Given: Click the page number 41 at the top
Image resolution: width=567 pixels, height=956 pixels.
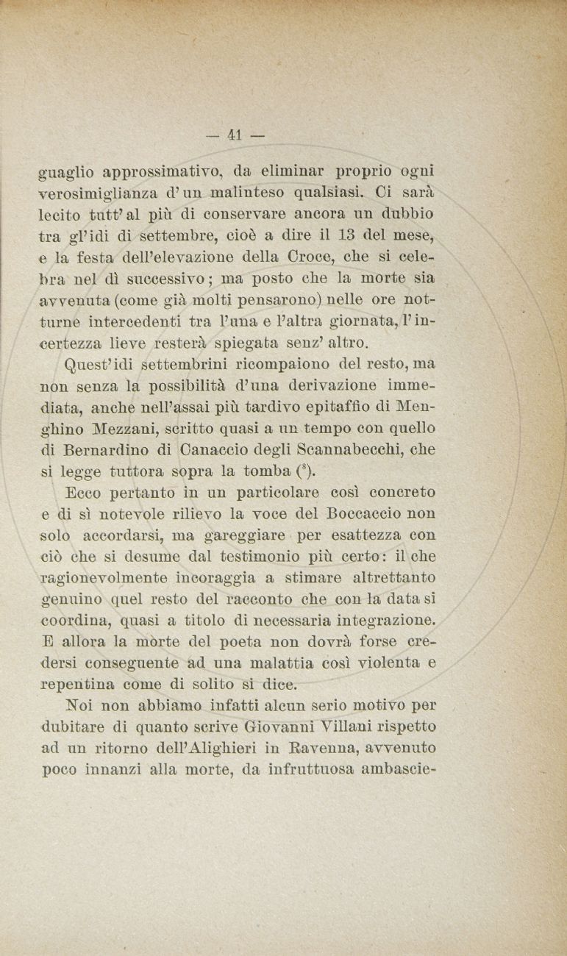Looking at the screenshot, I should click(235, 135).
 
